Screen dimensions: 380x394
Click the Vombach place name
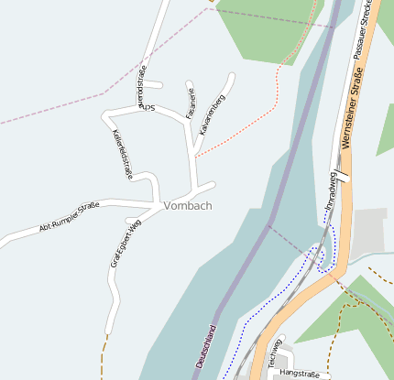[x=188, y=206]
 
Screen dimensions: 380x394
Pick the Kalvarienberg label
[x=212, y=109]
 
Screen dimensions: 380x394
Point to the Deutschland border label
[x=207, y=347]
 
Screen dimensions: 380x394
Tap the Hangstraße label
[x=299, y=374]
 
